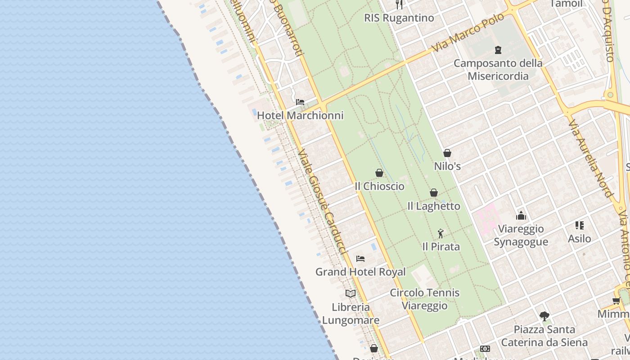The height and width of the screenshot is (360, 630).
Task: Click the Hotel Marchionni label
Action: coord(300,115)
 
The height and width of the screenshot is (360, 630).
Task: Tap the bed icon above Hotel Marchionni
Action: coord(300,102)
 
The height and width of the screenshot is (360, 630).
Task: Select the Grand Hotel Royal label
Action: coord(360,272)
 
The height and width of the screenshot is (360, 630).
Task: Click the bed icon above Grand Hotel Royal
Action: coord(360,259)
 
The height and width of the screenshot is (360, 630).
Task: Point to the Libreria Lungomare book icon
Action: coord(351,293)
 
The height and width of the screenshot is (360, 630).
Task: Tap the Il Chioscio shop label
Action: coord(379,186)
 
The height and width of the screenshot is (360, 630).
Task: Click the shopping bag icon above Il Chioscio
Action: coord(379,173)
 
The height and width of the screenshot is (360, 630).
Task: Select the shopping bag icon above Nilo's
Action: coord(447,153)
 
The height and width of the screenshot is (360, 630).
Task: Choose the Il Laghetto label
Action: coord(434,206)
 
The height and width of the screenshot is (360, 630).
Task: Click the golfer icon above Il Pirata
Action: coord(441,234)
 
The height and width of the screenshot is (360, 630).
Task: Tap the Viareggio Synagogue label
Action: coord(521,235)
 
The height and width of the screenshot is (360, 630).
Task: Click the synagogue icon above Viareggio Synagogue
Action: coord(521,216)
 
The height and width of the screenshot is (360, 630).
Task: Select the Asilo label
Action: coord(579,238)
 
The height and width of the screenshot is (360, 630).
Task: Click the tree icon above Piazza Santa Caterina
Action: coord(544,316)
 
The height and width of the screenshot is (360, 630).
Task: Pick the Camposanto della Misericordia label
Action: coord(498,69)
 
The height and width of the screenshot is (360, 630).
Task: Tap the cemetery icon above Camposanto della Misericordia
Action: coord(498,49)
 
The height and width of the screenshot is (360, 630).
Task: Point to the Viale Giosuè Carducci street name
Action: coord(322,202)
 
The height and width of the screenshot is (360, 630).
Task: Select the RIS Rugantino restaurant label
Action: coord(399,18)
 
